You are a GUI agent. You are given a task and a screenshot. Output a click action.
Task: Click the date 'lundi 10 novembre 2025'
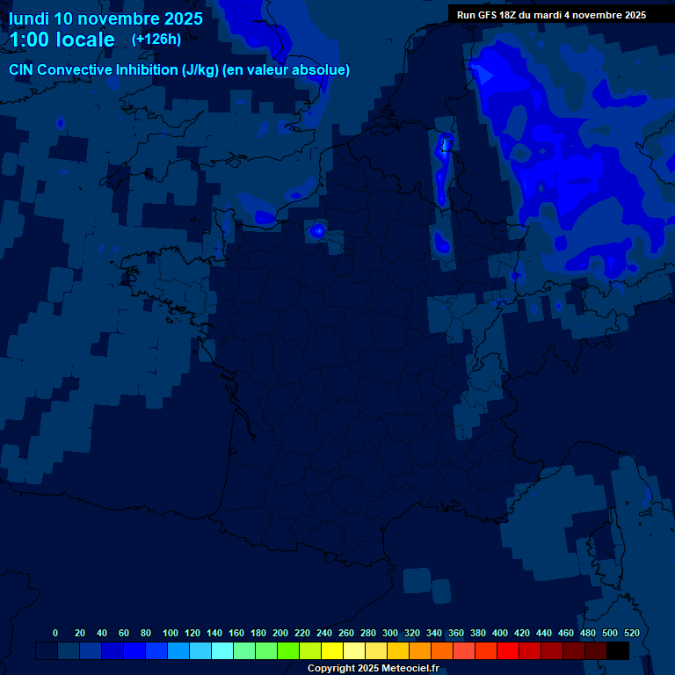tap(105, 18)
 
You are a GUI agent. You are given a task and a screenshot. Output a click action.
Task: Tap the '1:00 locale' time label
tap(62, 40)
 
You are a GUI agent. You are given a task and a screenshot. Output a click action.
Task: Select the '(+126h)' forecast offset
tap(156, 39)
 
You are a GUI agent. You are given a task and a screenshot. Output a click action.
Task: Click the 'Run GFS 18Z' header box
tap(551, 14)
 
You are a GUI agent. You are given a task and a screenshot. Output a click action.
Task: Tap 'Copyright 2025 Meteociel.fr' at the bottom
tap(373, 668)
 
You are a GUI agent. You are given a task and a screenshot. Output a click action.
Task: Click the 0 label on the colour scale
tap(55, 633)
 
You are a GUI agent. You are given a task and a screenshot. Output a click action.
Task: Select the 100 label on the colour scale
tap(170, 633)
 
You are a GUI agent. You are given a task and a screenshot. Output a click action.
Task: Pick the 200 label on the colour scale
tap(279, 633)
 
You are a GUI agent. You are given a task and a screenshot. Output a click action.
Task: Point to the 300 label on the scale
tap(389, 633)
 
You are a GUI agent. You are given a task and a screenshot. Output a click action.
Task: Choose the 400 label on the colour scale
tap(499, 633)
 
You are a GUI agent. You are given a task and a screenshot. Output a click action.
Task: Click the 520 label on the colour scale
tap(631, 633)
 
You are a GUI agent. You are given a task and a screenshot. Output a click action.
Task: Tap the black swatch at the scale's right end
tap(618, 650)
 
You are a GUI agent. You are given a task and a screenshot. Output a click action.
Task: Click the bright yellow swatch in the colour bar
tap(332, 650)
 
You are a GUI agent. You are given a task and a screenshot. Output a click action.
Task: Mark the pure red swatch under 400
tap(508, 650)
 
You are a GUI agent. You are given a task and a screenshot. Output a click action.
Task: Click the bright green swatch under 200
tap(288, 650)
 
